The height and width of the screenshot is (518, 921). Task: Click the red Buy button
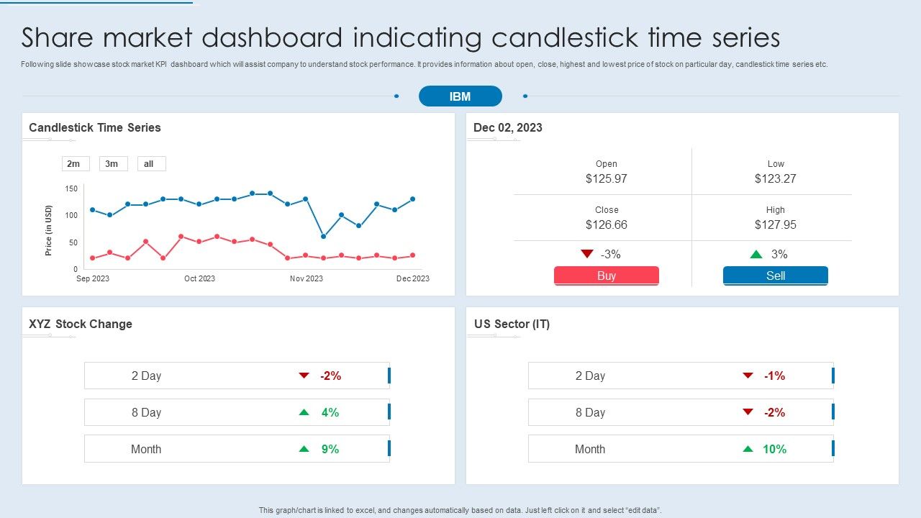[606, 276]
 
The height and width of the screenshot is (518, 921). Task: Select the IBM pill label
[460, 96]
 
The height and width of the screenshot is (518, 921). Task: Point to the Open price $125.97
[606, 178]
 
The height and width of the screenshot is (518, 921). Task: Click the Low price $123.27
[775, 178]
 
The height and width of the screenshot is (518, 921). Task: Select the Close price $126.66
[606, 224]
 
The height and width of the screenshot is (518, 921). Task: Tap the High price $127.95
[775, 224]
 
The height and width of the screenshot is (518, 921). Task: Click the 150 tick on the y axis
[71, 188]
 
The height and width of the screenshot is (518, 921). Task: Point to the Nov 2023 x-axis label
[307, 278]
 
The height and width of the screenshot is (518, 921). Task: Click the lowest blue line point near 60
[323, 237]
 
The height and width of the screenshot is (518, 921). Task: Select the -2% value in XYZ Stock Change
[330, 376]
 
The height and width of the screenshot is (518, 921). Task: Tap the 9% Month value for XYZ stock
[330, 449]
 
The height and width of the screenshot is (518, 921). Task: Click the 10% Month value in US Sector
[774, 449]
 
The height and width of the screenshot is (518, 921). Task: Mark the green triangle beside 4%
[304, 412]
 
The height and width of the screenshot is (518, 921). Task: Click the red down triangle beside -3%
[587, 254]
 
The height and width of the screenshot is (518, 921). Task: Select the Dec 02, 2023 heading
[508, 127]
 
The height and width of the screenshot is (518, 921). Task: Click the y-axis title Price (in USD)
[49, 230]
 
